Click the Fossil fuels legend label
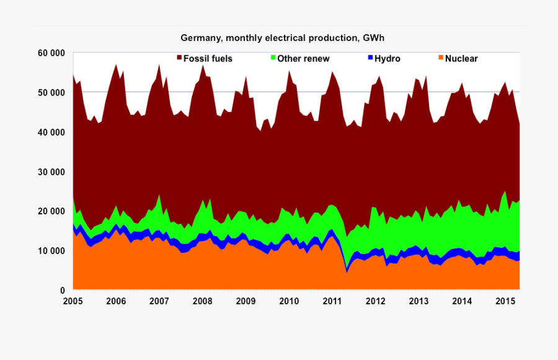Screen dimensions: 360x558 click(208, 59)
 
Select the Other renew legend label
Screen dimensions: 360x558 click(303, 59)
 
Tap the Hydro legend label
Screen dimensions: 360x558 click(387, 59)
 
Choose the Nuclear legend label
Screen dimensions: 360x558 click(461, 59)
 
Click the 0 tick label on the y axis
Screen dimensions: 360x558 click(62, 291)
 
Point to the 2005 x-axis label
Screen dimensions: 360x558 click(73, 302)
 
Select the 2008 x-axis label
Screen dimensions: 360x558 click(203, 302)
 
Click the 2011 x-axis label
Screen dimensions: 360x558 click(332, 302)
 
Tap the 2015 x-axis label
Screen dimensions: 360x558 click(505, 302)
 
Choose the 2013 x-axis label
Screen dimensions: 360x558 click(419, 302)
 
